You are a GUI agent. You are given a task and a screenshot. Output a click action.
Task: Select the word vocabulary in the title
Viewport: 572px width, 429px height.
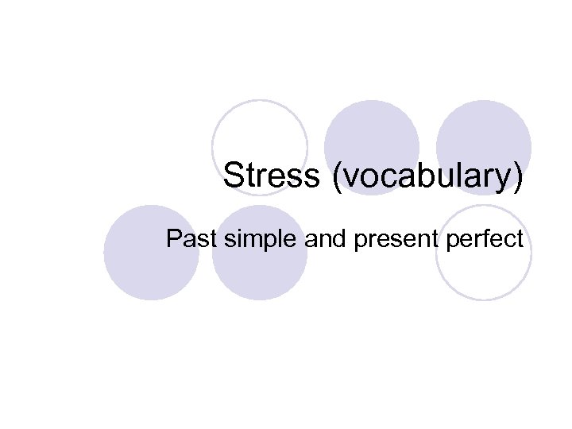429,176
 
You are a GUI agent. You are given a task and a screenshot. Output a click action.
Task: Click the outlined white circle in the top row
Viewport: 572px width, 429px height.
260,147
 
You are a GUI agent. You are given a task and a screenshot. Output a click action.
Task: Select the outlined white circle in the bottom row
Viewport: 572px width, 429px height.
483,253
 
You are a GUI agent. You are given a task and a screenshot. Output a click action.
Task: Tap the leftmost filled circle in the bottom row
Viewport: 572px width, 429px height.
151,253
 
